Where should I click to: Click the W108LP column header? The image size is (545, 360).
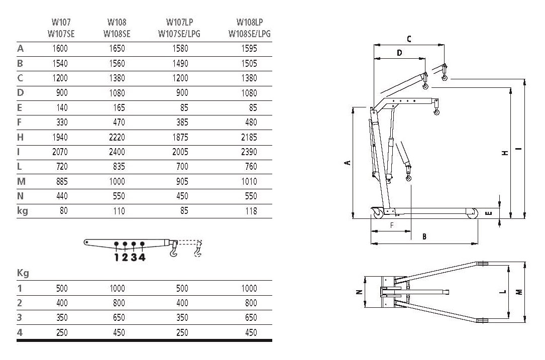250,22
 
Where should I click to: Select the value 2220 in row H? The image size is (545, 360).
117,137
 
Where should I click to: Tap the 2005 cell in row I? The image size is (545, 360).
180,152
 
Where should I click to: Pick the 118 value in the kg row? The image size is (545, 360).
251,211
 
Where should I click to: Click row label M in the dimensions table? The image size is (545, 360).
21,181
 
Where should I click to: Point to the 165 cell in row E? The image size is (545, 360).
119,108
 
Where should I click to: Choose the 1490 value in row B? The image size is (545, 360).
180,64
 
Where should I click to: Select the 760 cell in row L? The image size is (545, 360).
251,167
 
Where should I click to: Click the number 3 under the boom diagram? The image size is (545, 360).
134,258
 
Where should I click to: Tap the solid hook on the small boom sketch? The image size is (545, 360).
173,250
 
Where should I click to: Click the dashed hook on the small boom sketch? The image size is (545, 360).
197,250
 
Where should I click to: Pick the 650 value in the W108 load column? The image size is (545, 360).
119,318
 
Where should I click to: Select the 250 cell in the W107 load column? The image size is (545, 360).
62,332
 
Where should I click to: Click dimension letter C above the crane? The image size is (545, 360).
409,39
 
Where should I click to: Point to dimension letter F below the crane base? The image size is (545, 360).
392,225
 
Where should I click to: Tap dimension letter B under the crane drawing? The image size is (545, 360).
424,237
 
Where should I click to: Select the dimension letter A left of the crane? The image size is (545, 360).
347,163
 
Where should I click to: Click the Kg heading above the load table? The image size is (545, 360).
23,273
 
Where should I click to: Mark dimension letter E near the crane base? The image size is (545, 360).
489,213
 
